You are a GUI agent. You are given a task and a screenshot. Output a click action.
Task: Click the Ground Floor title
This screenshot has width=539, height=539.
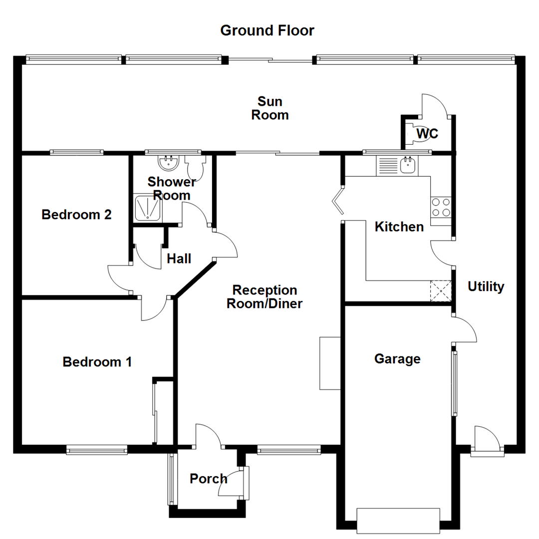pyautogui.click(x=268, y=30)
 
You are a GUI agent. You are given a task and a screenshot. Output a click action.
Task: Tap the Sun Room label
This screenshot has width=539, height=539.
pyautogui.click(x=269, y=108)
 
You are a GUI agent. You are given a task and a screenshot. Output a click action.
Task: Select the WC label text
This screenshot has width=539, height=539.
pyautogui.click(x=427, y=134)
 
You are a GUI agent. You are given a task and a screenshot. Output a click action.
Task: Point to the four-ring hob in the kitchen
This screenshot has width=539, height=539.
pyautogui.click(x=441, y=207)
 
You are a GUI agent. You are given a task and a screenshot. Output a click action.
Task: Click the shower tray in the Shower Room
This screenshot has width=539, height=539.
pyautogui.click(x=148, y=208)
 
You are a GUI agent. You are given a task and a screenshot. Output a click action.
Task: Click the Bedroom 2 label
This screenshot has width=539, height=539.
pyautogui.click(x=76, y=215)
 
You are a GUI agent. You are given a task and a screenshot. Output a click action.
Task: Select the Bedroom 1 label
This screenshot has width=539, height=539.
pyautogui.click(x=97, y=362)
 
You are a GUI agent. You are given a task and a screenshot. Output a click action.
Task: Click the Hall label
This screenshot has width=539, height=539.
pyautogui.click(x=179, y=259)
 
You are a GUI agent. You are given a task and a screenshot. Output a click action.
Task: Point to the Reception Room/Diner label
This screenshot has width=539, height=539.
pyautogui.click(x=265, y=296)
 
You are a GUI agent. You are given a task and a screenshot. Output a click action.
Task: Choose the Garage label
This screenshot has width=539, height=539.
pyautogui.click(x=397, y=359)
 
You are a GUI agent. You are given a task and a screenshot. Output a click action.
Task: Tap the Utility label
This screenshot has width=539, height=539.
pyautogui.click(x=486, y=286)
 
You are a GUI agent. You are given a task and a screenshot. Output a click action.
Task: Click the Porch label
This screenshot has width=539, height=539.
pyautogui.click(x=208, y=479)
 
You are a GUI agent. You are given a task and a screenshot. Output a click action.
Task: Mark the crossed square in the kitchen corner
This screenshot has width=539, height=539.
pyautogui.click(x=441, y=291)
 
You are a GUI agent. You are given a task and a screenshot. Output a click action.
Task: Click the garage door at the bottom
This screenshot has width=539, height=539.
pyautogui.click(x=398, y=520)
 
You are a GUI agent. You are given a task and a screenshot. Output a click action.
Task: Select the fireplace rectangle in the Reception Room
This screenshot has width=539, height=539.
pyautogui.click(x=329, y=363)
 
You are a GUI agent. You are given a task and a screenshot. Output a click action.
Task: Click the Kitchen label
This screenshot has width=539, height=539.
pyautogui.click(x=399, y=227)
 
